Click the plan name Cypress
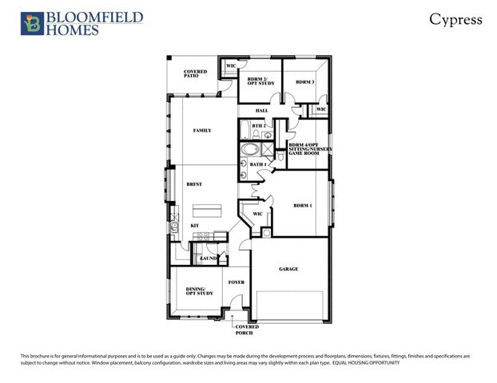point(455,19)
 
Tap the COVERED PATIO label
point(195,73)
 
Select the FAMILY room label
point(202,130)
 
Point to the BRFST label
point(194,184)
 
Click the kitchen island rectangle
point(206,211)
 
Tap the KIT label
point(194,226)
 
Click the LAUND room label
point(209,259)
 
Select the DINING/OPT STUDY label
point(196,291)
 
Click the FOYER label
point(237,282)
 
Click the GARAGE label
point(288,269)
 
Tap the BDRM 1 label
point(303,206)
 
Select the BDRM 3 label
point(304,82)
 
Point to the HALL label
point(261,110)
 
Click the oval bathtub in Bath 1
point(249,149)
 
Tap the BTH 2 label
point(258,126)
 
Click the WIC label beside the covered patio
point(230,65)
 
